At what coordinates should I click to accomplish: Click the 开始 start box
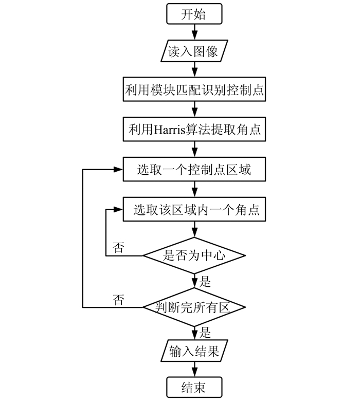click(194, 14)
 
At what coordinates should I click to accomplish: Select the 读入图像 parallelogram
click(194, 52)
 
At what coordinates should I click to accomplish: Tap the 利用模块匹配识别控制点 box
click(194, 91)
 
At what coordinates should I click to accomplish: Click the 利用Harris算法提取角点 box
click(194, 130)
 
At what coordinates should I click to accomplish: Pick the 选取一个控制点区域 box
click(194, 169)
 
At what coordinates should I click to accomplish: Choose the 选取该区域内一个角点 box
click(194, 209)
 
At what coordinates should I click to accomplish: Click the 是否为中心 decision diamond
click(194, 255)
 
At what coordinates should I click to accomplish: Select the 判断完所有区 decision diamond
click(194, 307)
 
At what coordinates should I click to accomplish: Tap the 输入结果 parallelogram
click(194, 352)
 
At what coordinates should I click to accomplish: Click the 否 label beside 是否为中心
click(119, 248)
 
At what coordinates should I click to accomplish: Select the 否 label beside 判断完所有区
click(119, 299)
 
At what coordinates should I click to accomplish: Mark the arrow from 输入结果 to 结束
click(194, 369)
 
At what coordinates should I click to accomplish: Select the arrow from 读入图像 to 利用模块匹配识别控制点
click(194, 70)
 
